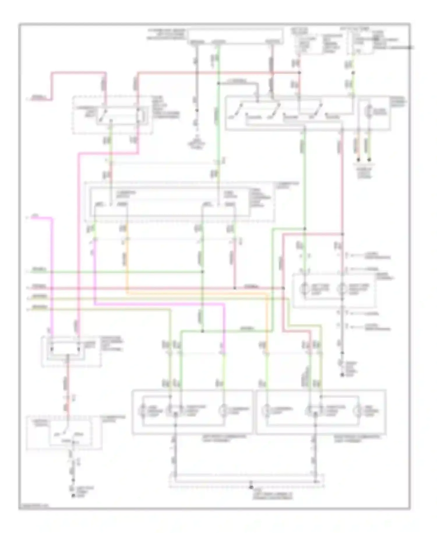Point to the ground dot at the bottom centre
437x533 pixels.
[251, 487]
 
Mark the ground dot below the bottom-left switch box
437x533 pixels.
[73, 496]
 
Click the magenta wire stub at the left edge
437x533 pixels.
[38, 218]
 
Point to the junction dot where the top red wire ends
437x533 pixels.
[299, 72]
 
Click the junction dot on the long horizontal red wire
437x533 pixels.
[235, 288]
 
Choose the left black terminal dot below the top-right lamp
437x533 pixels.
[359, 160]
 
